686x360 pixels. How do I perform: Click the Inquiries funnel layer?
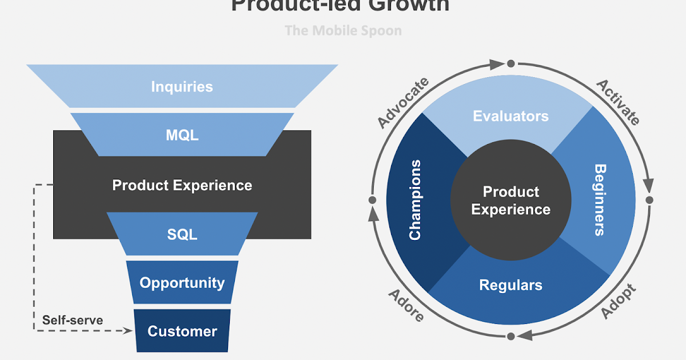point(182,86)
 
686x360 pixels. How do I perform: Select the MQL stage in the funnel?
point(182,135)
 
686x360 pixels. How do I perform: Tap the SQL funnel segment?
point(182,234)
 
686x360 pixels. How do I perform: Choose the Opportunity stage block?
point(182,283)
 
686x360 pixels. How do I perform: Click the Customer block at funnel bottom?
point(182,331)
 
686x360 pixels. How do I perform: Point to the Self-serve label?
point(73,320)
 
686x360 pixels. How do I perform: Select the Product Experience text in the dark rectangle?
point(182,185)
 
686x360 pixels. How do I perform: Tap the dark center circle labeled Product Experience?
point(510,201)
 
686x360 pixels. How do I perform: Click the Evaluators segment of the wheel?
point(510,117)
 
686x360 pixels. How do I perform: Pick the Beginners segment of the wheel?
point(599,200)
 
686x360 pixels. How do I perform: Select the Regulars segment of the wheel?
point(510,285)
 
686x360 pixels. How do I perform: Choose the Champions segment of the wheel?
point(416,200)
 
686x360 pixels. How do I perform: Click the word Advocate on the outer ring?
point(403,103)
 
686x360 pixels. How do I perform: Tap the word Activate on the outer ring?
point(618,102)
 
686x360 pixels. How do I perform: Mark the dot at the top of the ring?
point(511,63)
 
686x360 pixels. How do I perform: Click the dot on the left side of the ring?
point(372,201)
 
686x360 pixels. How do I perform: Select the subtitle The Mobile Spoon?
point(343,30)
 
